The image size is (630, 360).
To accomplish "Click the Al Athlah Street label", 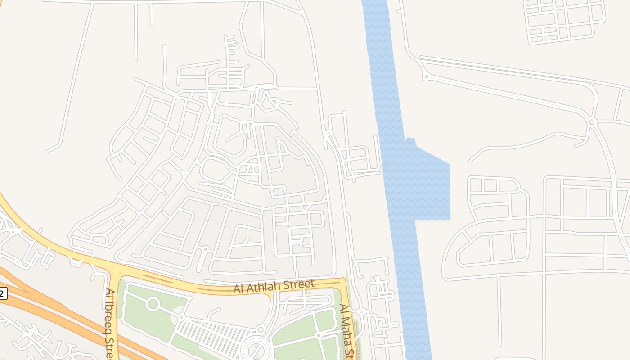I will click(274, 286).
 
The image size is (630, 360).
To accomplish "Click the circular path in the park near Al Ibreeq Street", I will click(153, 304).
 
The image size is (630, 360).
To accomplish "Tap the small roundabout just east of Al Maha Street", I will click(360, 311).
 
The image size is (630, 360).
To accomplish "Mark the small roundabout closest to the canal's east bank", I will click(426, 77).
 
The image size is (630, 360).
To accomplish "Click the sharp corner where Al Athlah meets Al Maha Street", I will click(344, 281).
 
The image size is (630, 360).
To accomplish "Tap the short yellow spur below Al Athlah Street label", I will click(270, 295).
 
